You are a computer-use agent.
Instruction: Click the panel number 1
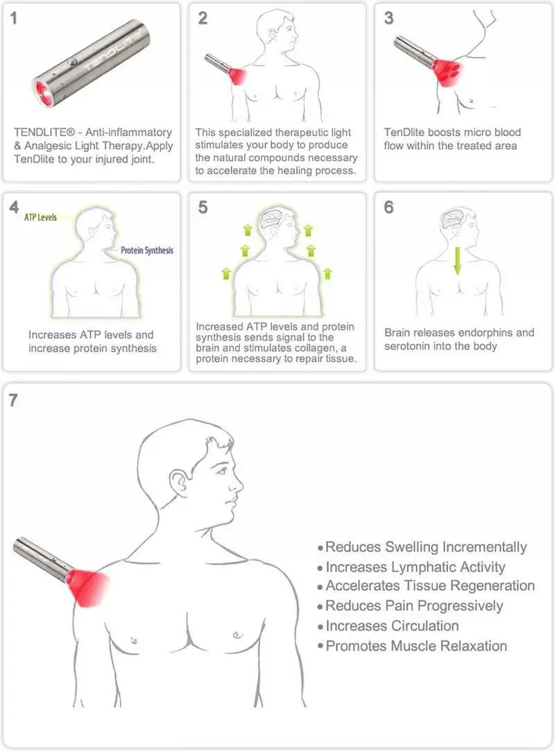13,18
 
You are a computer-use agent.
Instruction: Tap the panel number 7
13,399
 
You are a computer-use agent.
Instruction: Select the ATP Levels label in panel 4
40,218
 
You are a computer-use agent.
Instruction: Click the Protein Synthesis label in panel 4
146,250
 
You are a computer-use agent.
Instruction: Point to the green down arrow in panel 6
458,261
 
